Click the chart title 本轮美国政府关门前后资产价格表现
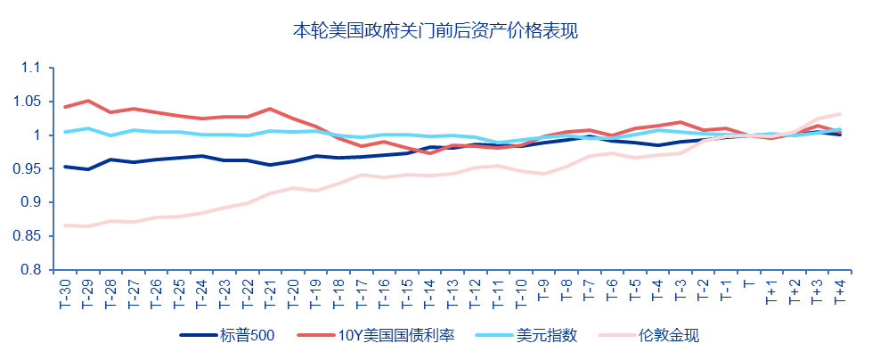(436, 31)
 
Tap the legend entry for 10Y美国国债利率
(394, 336)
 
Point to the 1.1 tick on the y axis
(32, 68)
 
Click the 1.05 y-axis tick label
(29, 102)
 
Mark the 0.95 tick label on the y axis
(29, 169)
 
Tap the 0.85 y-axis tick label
(29, 236)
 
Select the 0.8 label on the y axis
(32, 270)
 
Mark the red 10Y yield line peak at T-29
(87, 101)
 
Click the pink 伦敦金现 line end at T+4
(839, 114)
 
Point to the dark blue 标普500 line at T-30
(65, 167)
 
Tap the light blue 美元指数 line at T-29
(87, 128)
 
